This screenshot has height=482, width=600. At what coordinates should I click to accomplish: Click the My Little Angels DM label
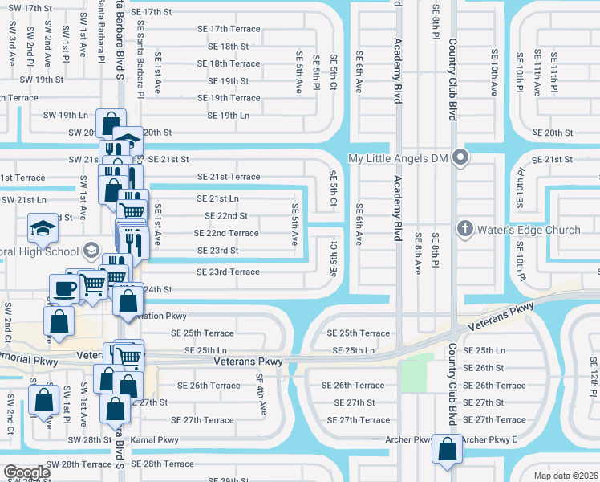pos(396,158)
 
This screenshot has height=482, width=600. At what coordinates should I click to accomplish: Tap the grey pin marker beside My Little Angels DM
pos(460,157)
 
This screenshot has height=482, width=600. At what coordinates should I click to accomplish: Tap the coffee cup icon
pos(64,288)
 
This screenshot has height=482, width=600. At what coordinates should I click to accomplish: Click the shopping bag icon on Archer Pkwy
pos(447,449)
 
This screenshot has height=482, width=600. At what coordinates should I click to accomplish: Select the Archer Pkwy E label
pos(490,439)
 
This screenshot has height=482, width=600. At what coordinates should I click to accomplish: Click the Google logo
pos(26,472)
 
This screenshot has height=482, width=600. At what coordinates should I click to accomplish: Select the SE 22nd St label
pos(226,216)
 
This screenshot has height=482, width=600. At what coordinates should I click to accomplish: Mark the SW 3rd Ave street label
pos(13,37)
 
